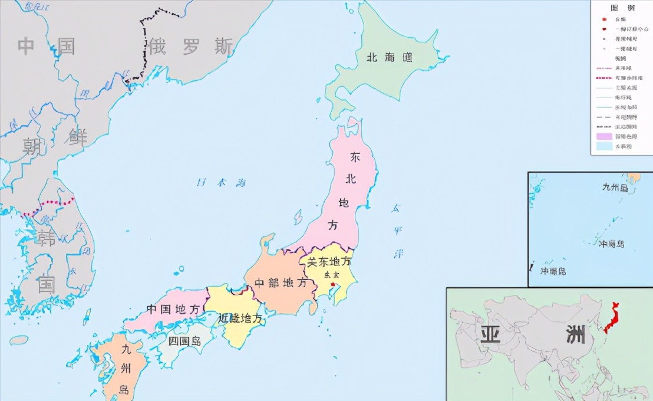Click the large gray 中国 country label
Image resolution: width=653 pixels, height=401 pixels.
[x=47, y=46]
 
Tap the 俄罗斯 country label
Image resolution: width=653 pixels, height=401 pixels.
[x=190, y=46]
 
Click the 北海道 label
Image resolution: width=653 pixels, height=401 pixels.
[x=390, y=57]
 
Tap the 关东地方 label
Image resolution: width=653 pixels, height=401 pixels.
[x=329, y=262]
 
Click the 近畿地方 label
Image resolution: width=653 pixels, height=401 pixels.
[x=240, y=318]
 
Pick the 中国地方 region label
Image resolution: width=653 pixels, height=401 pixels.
[x=173, y=310]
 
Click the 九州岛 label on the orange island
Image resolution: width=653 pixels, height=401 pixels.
[x=125, y=369]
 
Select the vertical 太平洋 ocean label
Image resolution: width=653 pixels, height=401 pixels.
[x=397, y=231]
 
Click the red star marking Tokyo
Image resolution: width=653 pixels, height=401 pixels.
[x=333, y=285]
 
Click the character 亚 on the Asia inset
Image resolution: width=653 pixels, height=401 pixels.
[x=490, y=334]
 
